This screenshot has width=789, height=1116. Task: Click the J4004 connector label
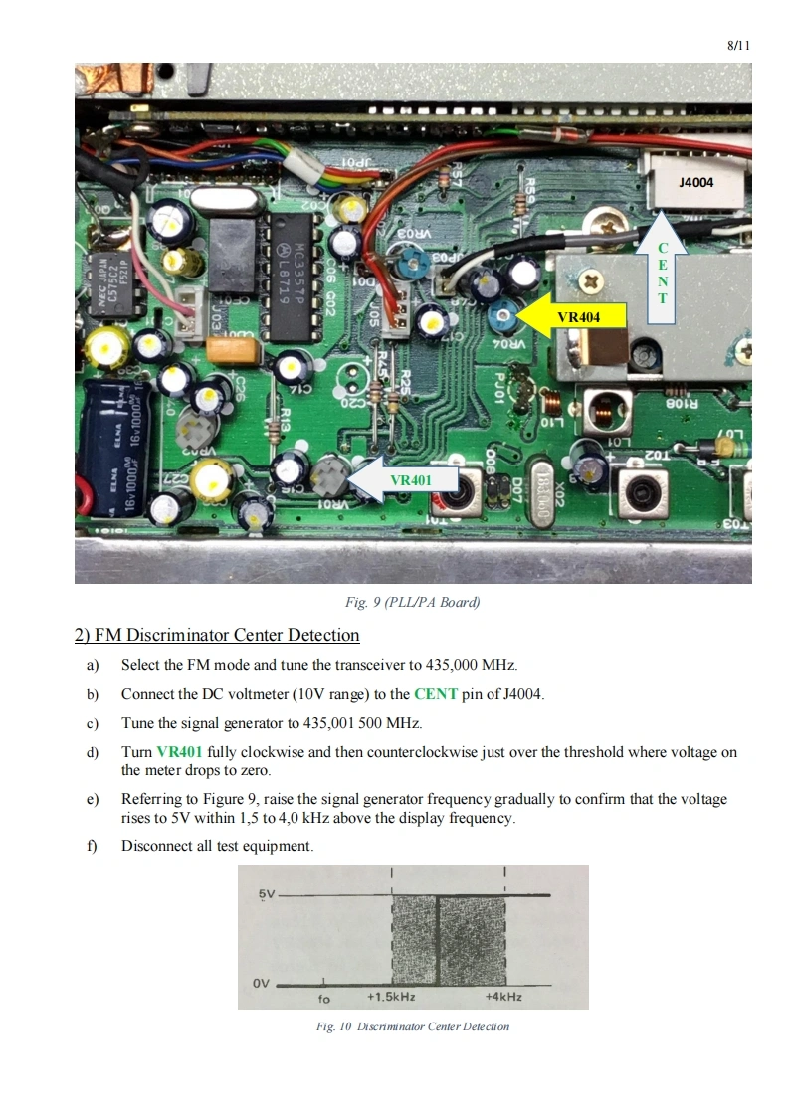point(695,183)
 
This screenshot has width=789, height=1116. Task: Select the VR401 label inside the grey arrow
point(412,480)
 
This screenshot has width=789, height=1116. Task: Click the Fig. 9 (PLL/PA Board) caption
point(412,602)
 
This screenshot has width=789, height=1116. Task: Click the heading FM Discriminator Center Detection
point(217,635)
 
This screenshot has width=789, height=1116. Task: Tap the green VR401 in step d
point(179,752)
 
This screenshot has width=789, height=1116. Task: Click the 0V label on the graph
point(261,983)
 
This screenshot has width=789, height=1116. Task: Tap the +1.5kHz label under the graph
point(391,997)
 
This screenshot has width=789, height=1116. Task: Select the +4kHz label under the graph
point(503,997)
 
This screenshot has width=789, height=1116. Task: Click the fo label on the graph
point(323,997)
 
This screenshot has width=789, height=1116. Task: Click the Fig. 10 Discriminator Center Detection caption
point(412,1026)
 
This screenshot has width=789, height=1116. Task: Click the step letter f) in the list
point(93,846)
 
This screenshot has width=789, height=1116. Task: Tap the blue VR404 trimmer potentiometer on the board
point(502,317)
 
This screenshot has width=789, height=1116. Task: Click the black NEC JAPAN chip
point(104,281)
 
